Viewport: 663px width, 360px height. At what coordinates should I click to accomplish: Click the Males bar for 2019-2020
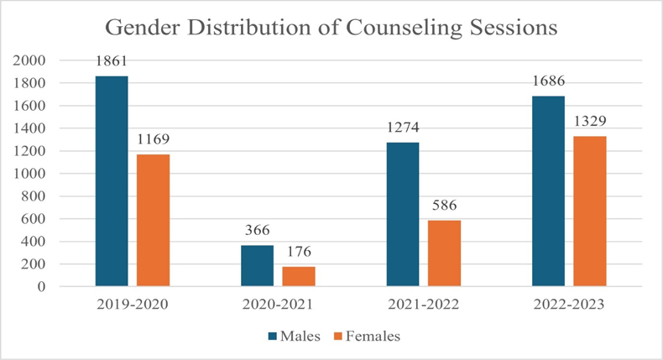pyautogui.click(x=112, y=181)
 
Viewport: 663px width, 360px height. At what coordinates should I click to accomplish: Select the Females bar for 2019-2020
pyautogui.click(x=153, y=220)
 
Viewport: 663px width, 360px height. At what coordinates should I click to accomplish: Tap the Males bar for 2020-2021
pyautogui.click(x=257, y=265)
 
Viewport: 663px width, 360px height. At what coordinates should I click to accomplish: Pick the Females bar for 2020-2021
pyautogui.click(x=299, y=276)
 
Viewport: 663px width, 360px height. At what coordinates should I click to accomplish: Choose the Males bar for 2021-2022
pyautogui.click(x=403, y=214)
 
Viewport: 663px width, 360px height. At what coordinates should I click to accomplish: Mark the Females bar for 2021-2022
pyautogui.click(x=444, y=253)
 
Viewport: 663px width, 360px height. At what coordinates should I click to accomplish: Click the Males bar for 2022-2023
pyautogui.click(x=548, y=190)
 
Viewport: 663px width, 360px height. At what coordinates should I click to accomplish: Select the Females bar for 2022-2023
pyautogui.click(x=590, y=211)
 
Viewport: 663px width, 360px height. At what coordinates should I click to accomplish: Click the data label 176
pyautogui.click(x=299, y=252)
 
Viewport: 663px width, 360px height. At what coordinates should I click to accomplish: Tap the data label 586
pyautogui.click(x=444, y=206)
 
